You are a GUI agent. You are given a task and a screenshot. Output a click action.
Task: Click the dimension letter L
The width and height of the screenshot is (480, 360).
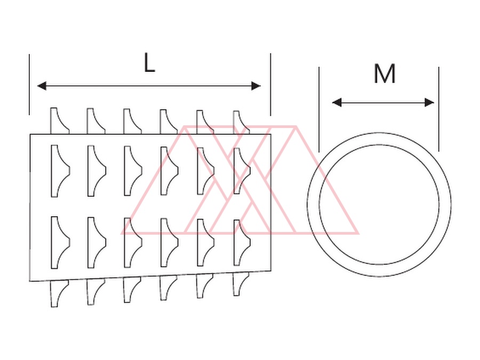(x=149, y=63)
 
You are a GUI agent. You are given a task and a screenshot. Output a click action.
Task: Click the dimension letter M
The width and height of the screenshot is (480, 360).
(x=385, y=74)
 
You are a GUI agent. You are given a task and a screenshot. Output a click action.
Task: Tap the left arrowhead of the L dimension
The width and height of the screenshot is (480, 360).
(x=42, y=86)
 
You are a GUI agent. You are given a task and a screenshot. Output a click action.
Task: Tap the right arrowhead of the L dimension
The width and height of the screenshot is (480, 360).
(x=256, y=86)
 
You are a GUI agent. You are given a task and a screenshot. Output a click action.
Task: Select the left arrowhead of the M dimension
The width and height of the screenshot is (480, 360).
(x=337, y=102)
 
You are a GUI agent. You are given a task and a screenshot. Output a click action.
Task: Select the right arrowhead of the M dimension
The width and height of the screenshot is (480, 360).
(x=429, y=102)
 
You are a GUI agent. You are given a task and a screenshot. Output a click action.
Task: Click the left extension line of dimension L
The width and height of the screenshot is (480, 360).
(x=29, y=84)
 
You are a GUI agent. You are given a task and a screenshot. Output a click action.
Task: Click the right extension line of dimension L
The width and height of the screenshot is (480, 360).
(x=270, y=84)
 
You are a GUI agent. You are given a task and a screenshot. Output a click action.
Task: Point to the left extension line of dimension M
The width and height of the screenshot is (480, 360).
(x=319, y=109)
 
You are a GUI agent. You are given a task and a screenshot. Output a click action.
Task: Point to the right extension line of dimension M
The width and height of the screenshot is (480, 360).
(x=439, y=109)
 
